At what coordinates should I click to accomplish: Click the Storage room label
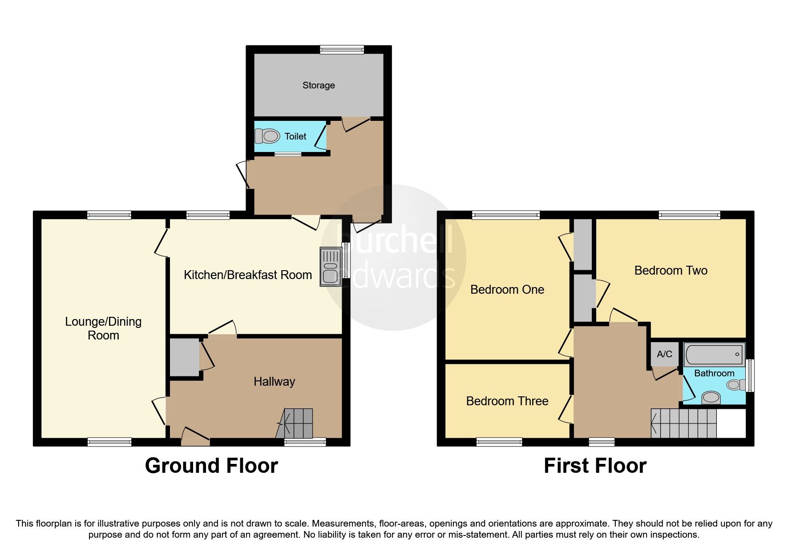point(318,85)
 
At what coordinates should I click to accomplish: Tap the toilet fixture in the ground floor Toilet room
point(267,136)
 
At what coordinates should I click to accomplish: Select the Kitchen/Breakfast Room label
point(248,275)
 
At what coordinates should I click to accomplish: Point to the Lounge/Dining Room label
point(103,328)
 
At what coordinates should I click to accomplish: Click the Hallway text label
point(274,381)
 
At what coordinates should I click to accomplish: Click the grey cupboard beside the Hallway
point(184,357)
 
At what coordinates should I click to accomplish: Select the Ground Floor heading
point(211,466)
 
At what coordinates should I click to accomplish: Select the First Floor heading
point(595,466)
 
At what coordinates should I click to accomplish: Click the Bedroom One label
point(507,290)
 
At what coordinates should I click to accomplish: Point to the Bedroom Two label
point(671,270)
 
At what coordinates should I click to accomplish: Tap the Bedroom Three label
point(507,401)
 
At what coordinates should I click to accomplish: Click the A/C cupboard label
point(664,354)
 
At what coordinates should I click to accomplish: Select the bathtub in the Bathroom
point(714,354)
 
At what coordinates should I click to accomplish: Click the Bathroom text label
point(714,373)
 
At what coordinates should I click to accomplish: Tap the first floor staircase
point(684,423)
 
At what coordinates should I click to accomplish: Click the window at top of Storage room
point(342,50)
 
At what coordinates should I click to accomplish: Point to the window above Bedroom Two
point(689,216)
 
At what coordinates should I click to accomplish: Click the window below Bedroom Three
point(499,442)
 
